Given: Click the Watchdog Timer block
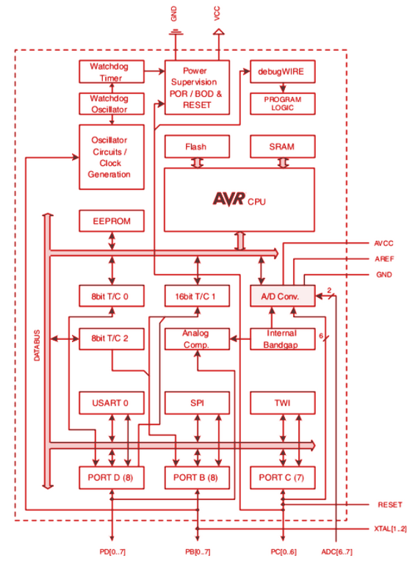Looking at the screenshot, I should click(x=111, y=72).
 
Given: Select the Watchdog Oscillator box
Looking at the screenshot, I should click(x=111, y=104).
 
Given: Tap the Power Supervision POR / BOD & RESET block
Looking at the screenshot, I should click(x=197, y=87).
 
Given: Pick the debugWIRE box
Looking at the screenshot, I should click(x=282, y=71).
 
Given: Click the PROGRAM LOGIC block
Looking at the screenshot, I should click(x=282, y=104).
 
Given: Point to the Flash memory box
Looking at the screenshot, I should click(x=197, y=146).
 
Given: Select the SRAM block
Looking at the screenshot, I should click(x=282, y=146).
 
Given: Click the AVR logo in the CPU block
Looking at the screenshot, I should click(x=228, y=198).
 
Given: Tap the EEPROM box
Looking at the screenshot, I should click(x=111, y=220).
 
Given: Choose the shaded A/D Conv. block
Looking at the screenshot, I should click(x=282, y=296).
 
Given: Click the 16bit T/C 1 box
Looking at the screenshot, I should click(x=197, y=296).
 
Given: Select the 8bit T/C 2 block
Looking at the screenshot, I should click(x=111, y=338).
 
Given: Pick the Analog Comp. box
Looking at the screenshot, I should click(x=197, y=338).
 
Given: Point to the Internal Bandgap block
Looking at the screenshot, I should click(x=282, y=338).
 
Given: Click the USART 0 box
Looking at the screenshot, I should click(x=111, y=403).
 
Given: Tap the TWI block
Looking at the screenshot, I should click(x=282, y=403).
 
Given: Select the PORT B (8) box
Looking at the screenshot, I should click(x=197, y=477).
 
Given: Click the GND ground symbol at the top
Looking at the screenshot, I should click(x=176, y=32).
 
